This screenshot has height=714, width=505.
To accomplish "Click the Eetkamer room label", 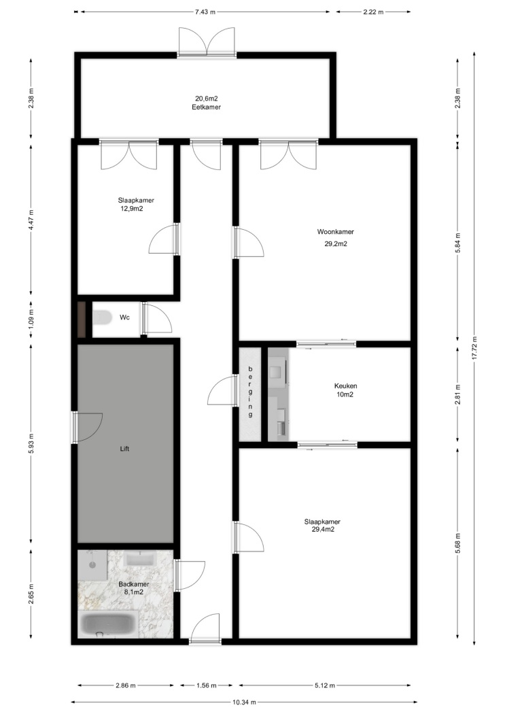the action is point(206,107).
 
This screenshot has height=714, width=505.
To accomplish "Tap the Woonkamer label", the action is point(335,232).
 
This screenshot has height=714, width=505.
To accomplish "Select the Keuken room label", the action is point(345,386).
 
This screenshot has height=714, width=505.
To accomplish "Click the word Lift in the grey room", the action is point(124,449).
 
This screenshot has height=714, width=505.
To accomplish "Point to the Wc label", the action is point(124,317).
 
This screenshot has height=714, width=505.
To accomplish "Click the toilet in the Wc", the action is point(103,318).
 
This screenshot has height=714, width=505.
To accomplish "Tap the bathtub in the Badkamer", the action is point(108,625).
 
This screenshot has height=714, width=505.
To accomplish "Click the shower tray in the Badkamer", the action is point(92,564).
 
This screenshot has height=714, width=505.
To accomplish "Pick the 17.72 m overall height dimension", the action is point(474,348).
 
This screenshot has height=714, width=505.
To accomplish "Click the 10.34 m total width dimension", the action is point(244,702).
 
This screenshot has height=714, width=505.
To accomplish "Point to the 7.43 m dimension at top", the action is point(205,12).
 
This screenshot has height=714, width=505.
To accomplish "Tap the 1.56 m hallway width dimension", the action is point(206,685).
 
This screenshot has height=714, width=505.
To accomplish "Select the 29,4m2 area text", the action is point(323,529).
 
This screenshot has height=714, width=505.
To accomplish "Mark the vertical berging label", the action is point(250,392).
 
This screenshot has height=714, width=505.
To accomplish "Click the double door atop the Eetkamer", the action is point(207,44).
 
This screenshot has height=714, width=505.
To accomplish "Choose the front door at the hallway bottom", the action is point(205,628).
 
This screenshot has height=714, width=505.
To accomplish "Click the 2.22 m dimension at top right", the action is point(373,12).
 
